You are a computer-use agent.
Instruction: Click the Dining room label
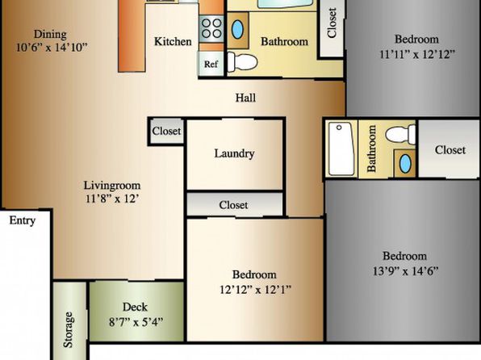[50, 34]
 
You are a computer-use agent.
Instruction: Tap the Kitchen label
[173, 41]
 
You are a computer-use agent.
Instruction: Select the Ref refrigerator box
[211, 64]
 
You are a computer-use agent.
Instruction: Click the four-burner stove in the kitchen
[211, 28]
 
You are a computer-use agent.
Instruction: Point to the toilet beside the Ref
[242, 62]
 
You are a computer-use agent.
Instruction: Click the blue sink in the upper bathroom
[237, 30]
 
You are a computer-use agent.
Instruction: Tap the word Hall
[245, 98]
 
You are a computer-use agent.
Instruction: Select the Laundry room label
[234, 153]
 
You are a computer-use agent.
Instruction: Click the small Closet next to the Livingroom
[166, 131]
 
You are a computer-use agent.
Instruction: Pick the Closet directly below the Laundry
[234, 205]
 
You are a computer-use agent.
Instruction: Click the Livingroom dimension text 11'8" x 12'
[112, 199]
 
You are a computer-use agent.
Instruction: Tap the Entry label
[22, 220]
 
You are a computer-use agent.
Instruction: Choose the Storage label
[68, 329]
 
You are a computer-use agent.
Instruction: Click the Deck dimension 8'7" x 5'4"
[136, 322]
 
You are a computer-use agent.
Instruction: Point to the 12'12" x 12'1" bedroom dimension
[255, 289]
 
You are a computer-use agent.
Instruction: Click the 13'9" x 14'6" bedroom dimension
[405, 271]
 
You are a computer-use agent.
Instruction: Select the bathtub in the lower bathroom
[341, 149]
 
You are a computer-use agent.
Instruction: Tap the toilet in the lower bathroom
[401, 135]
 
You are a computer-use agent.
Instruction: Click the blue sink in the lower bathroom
[405, 163]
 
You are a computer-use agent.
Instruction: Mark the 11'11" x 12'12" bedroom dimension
[417, 54]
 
